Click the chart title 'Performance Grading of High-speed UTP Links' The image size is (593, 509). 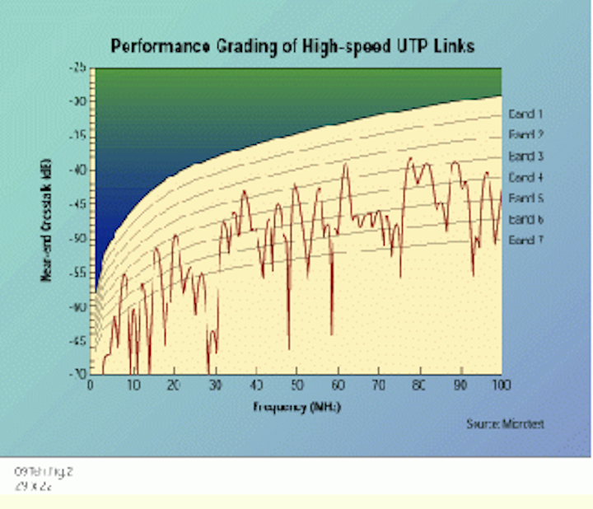(x=292, y=46)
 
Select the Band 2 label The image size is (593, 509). (x=525, y=135)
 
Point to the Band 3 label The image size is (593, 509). (x=525, y=156)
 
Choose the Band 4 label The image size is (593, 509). (x=525, y=177)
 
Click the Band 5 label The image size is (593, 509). (x=525, y=198)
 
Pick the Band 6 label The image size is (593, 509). (x=525, y=219)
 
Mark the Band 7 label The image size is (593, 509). (x=525, y=240)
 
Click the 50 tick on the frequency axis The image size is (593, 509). (x=296, y=385)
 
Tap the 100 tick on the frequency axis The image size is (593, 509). (x=500, y=385)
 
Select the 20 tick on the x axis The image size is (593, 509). (x=173, y=385)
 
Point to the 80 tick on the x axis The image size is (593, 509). (x=419, y=385)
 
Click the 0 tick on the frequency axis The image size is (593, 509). (x=91, y=385)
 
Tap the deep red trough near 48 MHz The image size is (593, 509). (x=289, y=346)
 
